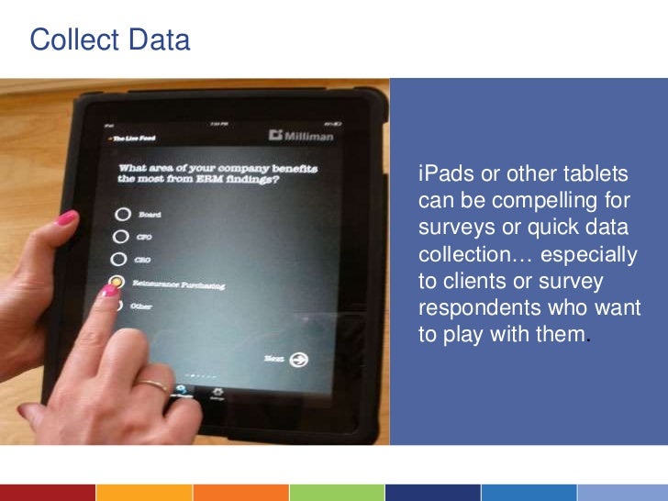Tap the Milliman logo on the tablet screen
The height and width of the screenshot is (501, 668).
pyautogui.click(x=302, y=136)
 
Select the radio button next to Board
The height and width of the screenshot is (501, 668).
pyautogui.click(x=121, y=215)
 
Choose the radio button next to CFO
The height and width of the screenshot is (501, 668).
pyautogui.click(x=119, y=238)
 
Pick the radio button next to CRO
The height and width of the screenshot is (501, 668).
pyautogui.click(x=118, y=261)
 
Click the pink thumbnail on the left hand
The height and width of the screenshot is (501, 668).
pyautogui.click(x=67, y=218)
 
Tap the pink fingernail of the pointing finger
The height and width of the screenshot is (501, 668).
pyautogui.click(x=109, y=291)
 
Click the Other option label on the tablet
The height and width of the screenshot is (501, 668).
pyautogui.click(x=141, y=306)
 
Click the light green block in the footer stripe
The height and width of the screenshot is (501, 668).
pyautogui.click(x=335, y=493)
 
